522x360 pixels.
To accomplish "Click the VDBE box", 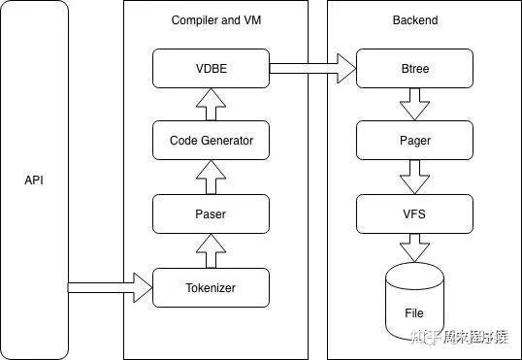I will click(211, 68).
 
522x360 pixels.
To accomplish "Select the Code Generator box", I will click(211, 141).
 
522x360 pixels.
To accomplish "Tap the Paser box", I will click(211, 213).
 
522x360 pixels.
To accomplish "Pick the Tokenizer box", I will click(211, 287).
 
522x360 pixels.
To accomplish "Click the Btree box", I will click(414, 68).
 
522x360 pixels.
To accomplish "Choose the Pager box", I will click(414, 141).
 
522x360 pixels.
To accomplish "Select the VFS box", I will click(414, 213).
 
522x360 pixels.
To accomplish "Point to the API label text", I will click(34, 180).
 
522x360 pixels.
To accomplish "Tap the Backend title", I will click(414, 20).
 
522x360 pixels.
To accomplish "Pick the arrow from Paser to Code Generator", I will click(211, 178).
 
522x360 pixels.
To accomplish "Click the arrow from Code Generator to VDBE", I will click(211, 104).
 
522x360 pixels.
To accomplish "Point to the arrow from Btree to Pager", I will click(414, 104).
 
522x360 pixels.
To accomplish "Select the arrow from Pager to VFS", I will click(414, 178).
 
